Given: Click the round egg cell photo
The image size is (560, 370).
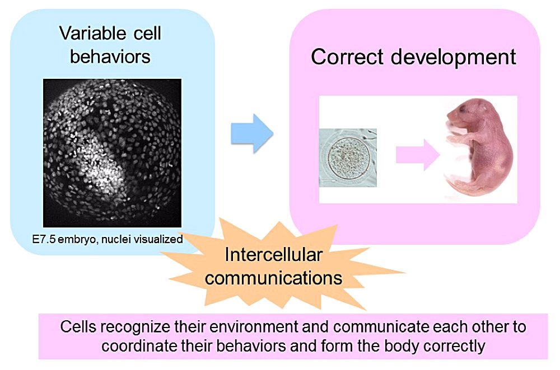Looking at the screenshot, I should click(347, 157).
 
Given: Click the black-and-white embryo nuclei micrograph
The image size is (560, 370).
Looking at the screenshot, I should click(112, 152).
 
